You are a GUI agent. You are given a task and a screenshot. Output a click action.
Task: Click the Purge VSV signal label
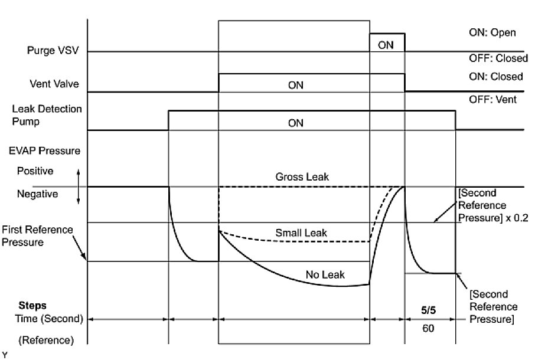54,51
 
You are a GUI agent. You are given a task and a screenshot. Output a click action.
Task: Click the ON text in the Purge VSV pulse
386,44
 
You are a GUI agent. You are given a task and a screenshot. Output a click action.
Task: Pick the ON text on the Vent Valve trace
295,86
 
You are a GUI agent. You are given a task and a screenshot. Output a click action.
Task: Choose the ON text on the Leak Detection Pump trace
295,123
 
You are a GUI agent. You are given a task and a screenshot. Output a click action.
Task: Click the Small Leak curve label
301,233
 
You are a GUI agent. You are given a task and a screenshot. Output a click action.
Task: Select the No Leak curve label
325,274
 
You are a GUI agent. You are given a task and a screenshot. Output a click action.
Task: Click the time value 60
429,328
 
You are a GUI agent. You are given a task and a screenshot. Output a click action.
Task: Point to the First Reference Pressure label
37,235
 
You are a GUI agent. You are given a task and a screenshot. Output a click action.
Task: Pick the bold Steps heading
32,306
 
